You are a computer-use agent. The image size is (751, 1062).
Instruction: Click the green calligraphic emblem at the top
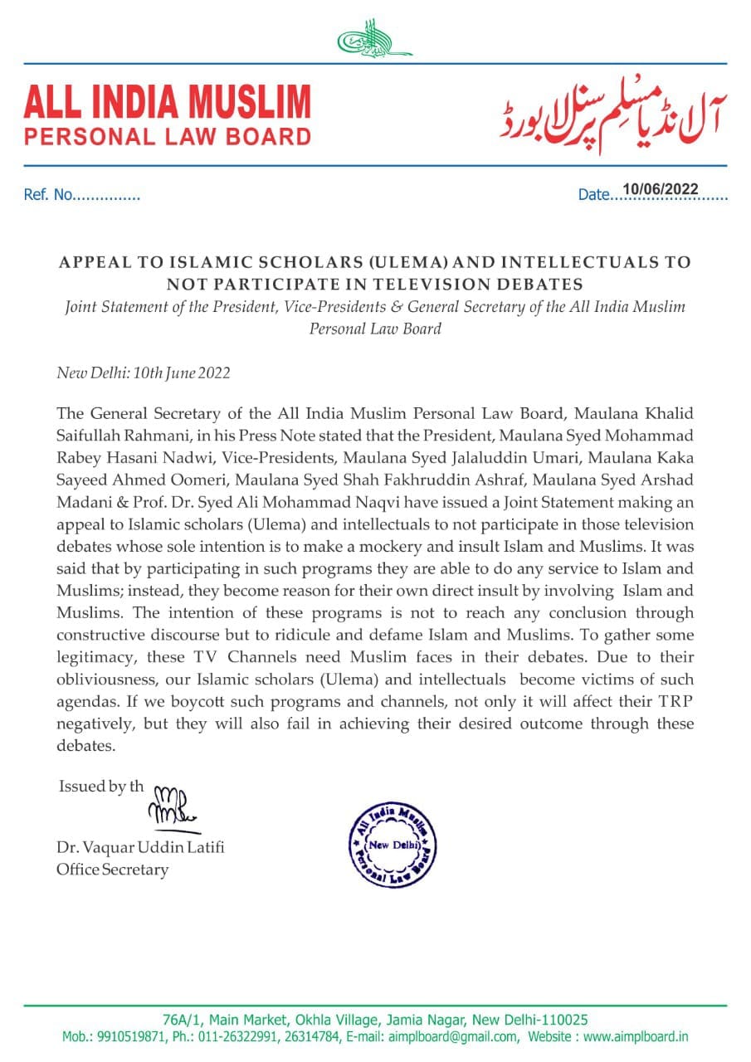[x=375, y=39]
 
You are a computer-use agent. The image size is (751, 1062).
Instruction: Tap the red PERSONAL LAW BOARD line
[x=167, y=137]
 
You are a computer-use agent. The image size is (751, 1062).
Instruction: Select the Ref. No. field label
[x=49, y=196]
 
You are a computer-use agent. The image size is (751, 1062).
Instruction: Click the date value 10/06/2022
[x=661, y=189]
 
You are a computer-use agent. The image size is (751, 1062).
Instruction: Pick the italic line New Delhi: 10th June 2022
[x=143, y=372]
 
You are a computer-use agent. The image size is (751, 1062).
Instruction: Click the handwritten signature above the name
[x=172, y=806]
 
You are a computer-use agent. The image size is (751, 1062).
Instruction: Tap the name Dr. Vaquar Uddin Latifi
[x=139, y=848]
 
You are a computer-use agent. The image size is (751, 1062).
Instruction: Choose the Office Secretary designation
[x=112, y=870]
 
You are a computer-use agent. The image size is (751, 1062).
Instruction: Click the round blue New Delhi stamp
[x=391, y=845]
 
